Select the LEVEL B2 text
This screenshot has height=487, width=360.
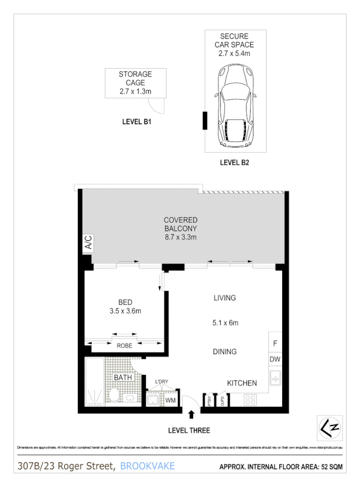[235, 162]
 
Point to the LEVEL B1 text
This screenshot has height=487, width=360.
[137, 122]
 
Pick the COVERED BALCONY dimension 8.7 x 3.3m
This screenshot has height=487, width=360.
[180, 237]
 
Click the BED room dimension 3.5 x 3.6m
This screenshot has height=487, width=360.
[125, 311]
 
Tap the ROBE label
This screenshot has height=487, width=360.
[125, 346]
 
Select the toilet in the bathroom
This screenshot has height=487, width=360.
[114, 395]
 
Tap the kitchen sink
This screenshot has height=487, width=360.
[275, 378]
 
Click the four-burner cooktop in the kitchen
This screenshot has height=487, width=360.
[250, 400]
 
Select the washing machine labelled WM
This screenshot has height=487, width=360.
[170, 401]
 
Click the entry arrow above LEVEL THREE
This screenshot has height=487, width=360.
[192, 415]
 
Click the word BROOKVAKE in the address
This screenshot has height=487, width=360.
[147, 466]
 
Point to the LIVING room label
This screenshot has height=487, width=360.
[224, 298]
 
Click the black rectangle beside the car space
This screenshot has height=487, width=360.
[205, 121]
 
